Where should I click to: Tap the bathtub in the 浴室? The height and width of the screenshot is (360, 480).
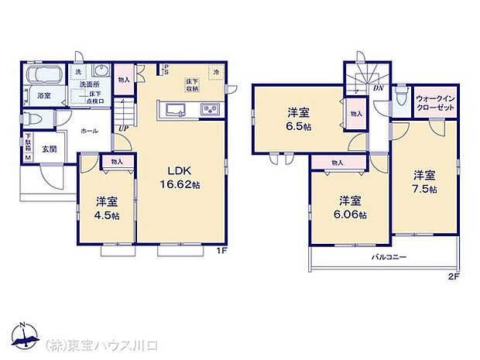click(x=42, y=76)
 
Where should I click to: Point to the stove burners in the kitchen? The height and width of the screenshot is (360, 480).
click(x=211, y=109)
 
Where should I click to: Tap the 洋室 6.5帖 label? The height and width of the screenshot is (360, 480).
click(x=297, y=116)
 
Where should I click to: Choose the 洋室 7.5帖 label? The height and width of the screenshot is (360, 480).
click(x=423, y=180)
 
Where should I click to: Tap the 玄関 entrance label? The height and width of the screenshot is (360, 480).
click(x=49, y=149)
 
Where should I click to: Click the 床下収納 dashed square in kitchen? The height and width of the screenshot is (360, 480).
click(x=191, y=84)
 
